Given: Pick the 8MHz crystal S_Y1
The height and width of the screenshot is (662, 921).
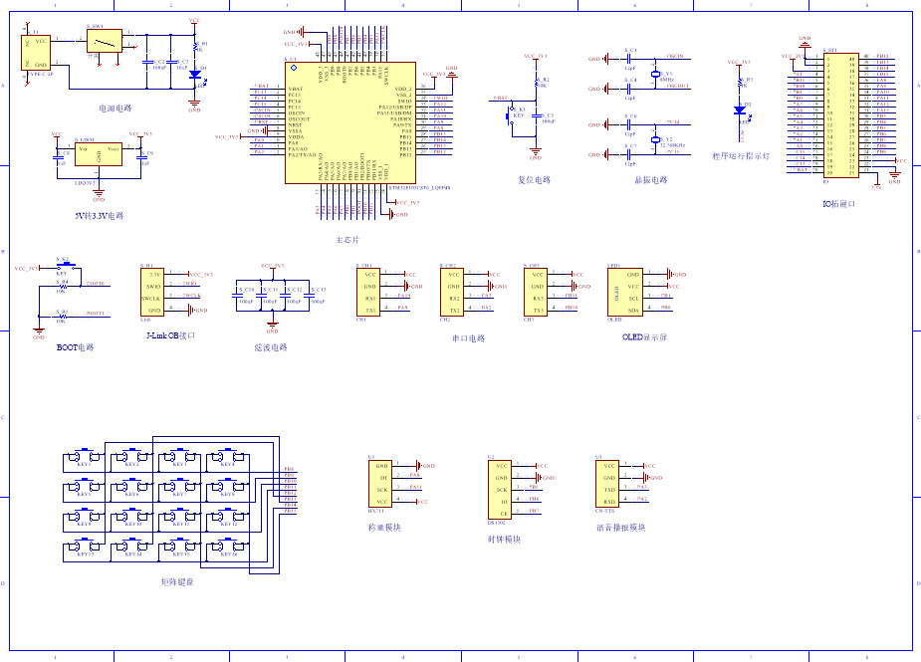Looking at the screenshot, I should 656,75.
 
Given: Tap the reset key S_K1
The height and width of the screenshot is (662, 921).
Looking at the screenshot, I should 510,115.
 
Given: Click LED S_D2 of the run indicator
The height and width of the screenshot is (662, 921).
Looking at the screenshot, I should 738,110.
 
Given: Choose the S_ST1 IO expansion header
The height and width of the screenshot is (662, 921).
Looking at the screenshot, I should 838,117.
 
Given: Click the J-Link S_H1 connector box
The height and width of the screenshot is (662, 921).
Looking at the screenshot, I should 151,291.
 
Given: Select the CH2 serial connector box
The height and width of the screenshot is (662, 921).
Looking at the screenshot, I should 454,292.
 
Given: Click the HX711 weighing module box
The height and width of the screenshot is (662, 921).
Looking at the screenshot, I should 382,484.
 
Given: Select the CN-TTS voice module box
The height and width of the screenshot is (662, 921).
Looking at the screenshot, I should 609,484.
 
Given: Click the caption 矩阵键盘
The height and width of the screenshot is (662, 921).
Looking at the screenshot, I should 177,581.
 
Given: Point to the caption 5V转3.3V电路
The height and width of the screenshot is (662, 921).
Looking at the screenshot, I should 100,215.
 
